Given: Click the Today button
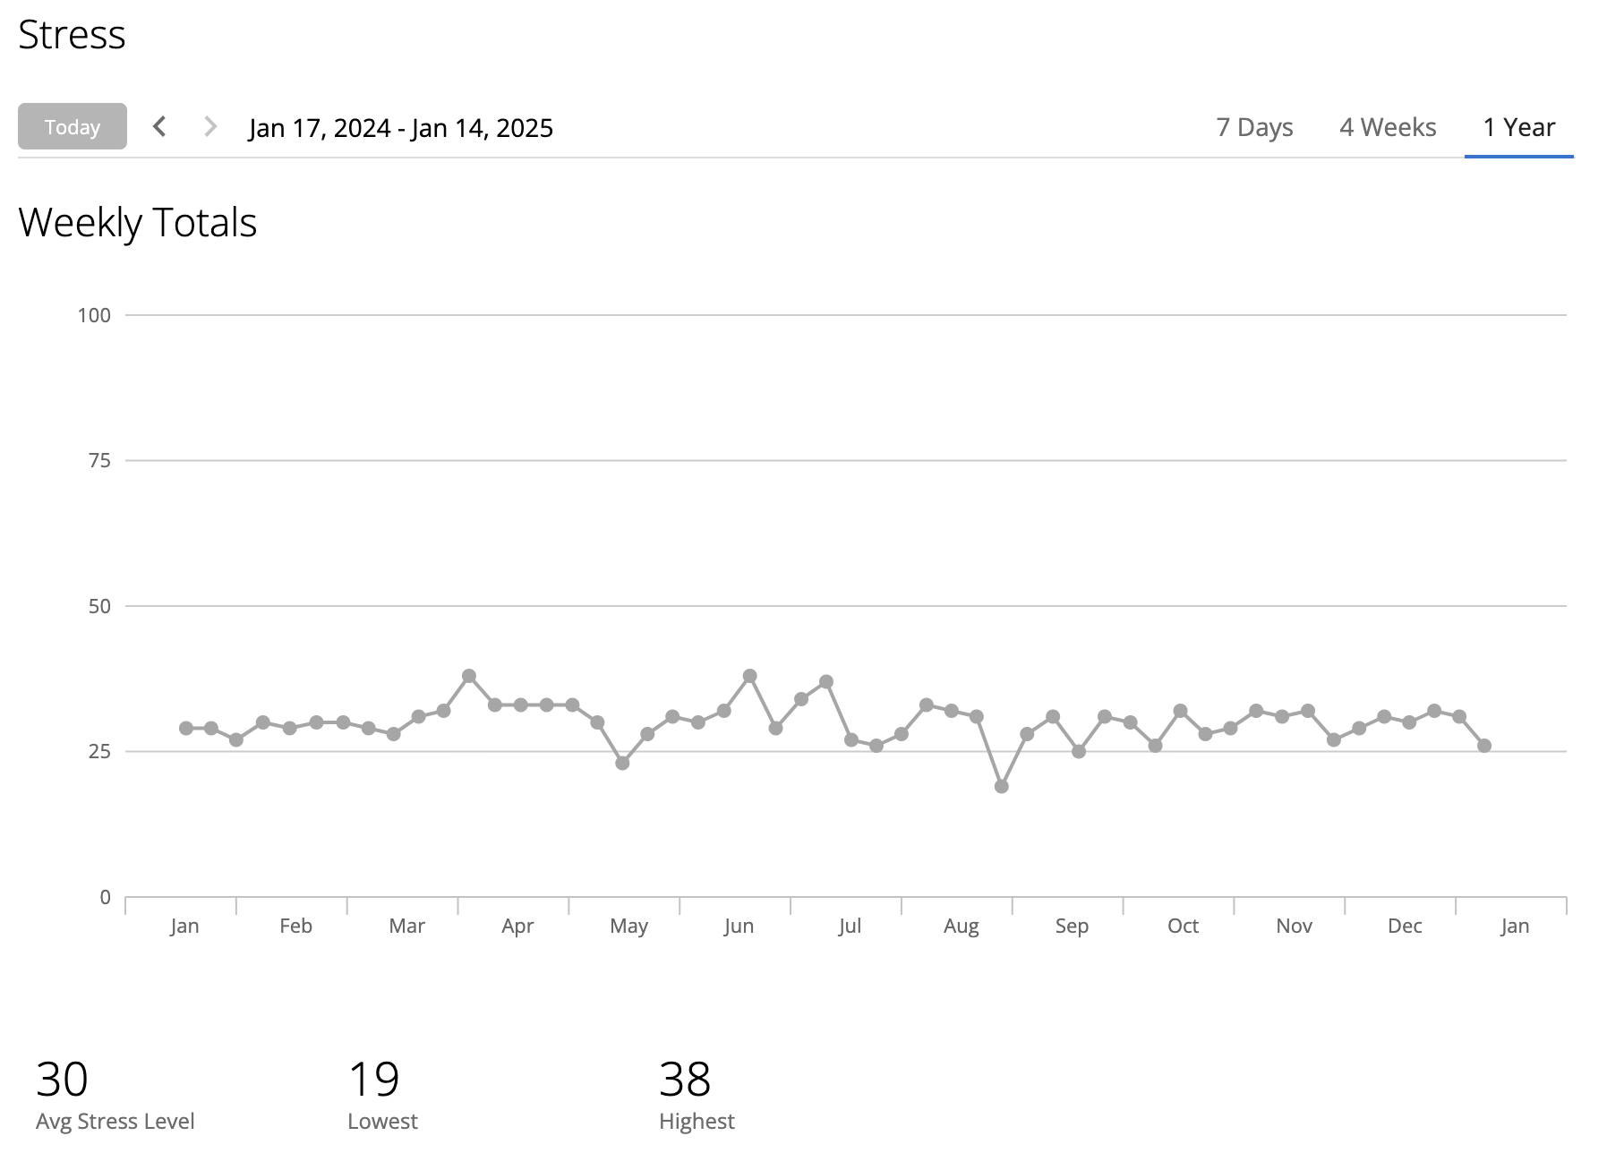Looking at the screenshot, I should click(73, 127).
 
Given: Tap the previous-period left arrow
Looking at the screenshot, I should click(159, 126).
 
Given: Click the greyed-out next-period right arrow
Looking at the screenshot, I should click(210, 126).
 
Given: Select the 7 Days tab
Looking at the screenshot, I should click(1254, 127).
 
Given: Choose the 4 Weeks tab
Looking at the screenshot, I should click(1388, 127).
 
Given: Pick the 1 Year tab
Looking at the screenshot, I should click(1518, 127).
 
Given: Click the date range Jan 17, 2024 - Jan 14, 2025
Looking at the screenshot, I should click(401, 128).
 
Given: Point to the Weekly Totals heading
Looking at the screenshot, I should click(138, 223).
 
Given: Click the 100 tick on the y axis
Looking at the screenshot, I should click(94, 315).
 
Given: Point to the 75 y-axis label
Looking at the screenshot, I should click(99, 461).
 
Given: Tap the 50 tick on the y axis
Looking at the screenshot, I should click(99, 606).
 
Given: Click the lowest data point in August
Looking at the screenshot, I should click(1002, 787).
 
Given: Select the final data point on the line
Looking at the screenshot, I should click(1484, 746).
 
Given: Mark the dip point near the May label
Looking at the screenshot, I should click(622, 764).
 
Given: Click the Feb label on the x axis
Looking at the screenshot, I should click(295, 926).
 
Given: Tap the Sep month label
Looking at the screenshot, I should click(1072, 926).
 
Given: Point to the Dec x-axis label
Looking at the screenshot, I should click(1405, 926).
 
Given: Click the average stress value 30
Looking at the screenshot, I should click(62, 1079).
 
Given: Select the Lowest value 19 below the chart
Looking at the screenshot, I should click(373, 1079).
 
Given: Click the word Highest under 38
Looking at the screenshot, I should click(697, 1122).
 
